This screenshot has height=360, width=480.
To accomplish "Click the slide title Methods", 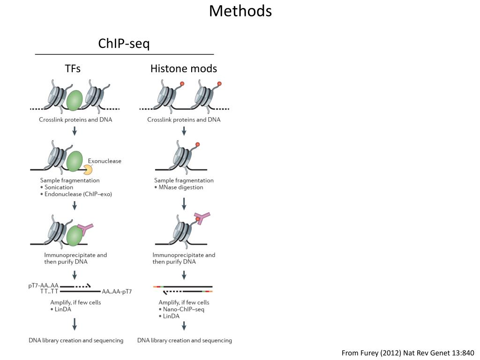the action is (x=240, y=10).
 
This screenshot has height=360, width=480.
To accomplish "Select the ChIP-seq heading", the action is (x=124, y=44).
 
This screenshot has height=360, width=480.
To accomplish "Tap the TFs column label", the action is (x=73, y=68).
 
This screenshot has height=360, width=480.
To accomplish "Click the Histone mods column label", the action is (x=183, y=68).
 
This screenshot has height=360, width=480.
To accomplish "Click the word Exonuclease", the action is (x=105, y=161).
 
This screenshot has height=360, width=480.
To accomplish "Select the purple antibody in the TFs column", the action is (x=86, y=229).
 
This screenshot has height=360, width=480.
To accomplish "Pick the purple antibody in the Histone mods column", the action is (x=202, y=217).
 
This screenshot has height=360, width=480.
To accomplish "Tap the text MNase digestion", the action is (x=180, y=187).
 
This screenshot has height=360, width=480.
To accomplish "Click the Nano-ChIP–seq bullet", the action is (x=183, y=309).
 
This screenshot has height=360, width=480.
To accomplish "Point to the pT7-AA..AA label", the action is (x=43, y=285).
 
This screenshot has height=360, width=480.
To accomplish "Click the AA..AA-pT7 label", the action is (x=117, y=292).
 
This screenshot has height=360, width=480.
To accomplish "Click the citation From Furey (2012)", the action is (x=408, y=352).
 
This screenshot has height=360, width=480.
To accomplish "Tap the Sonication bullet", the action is (x=59, y=187).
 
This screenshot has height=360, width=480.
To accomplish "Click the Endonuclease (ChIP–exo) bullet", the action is (x=78, y=194).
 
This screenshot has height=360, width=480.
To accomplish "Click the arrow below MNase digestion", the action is (x=184, y=203).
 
